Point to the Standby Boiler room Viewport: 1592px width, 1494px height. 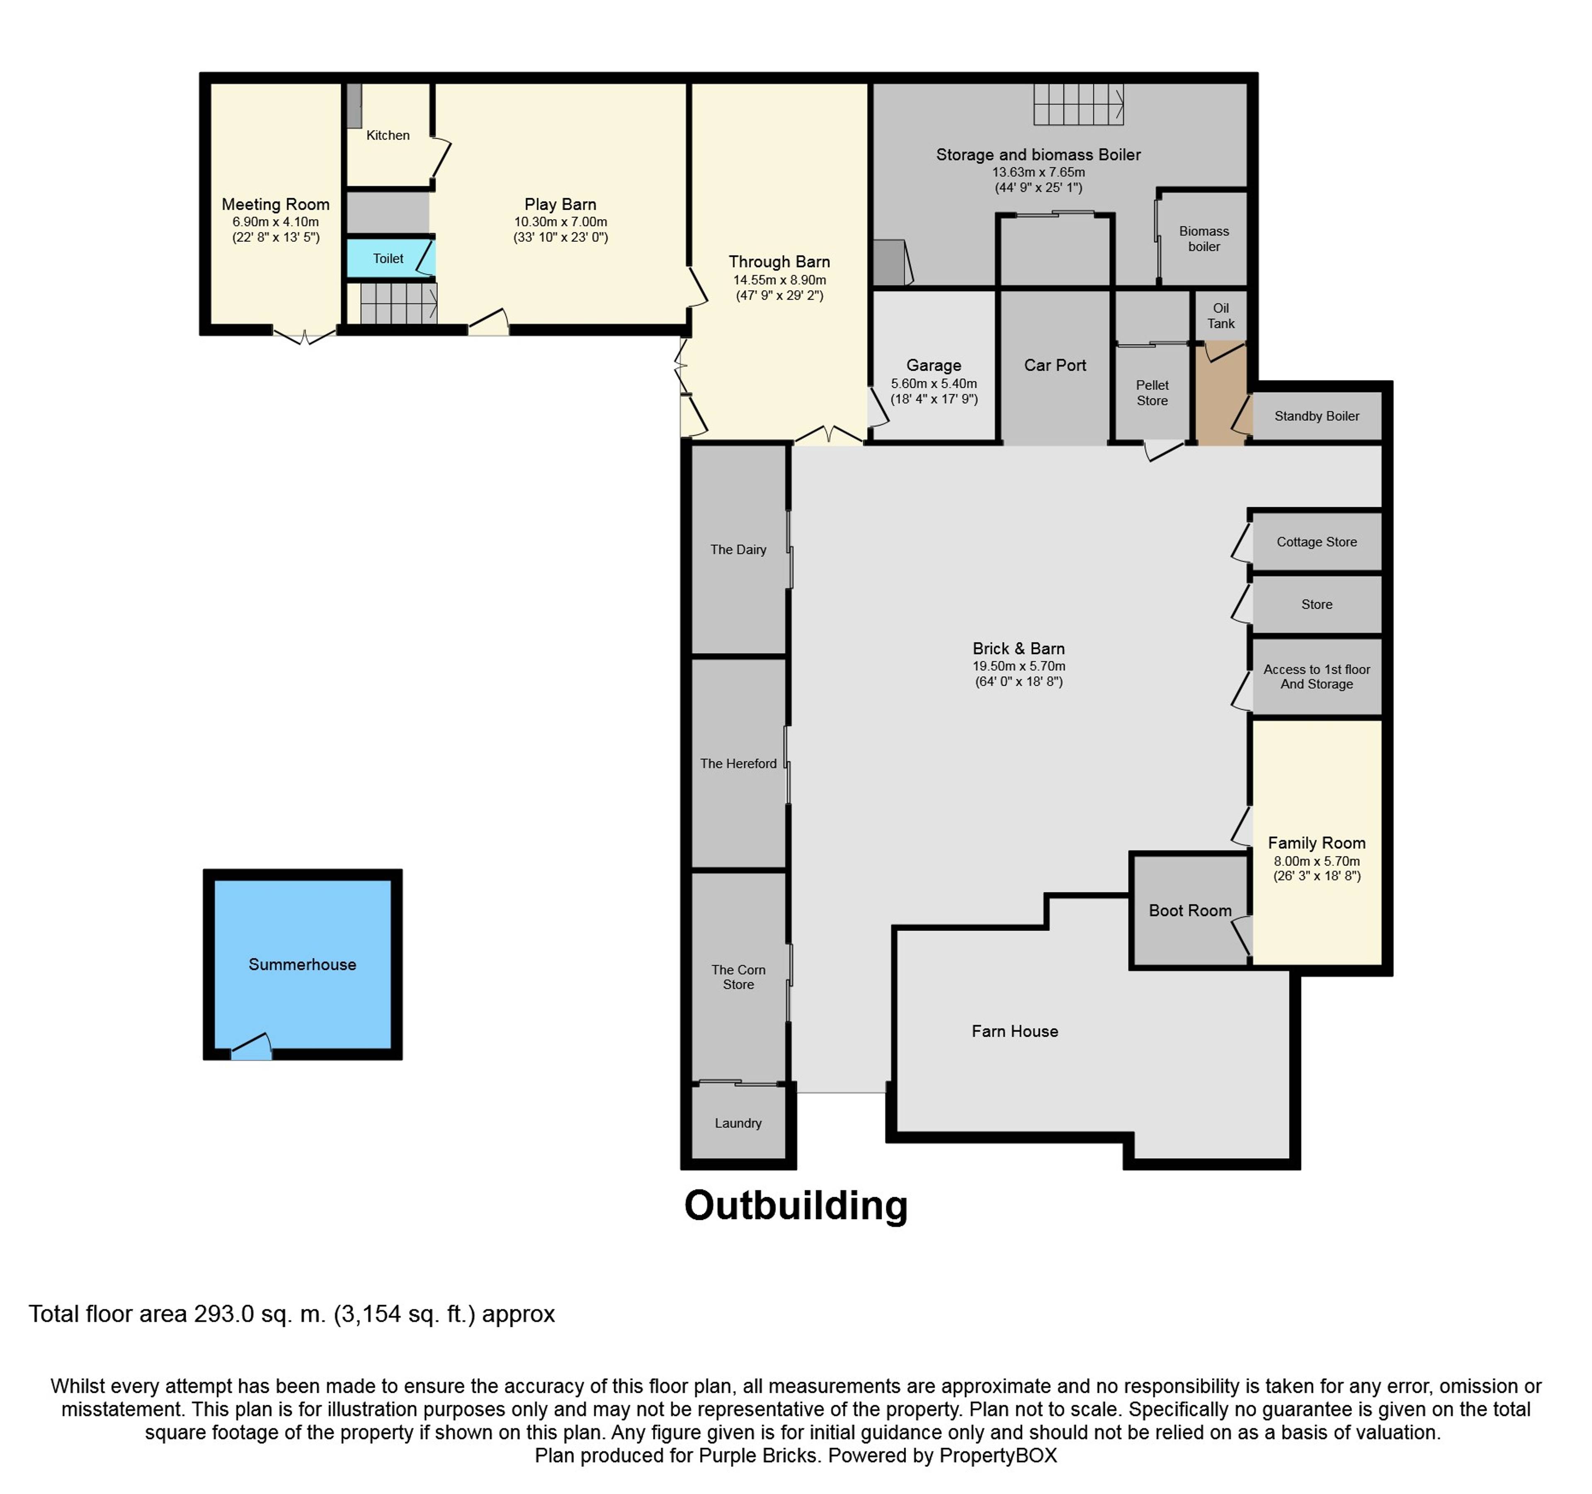pyautogui.click(x=1317, y=416)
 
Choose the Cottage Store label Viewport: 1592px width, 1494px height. pyautogui.click(x=1317, y=542)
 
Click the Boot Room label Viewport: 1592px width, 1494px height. pyautogui.click(x=1190, y=911)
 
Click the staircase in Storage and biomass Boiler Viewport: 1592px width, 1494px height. pyautogui.click(x=1078, y=104)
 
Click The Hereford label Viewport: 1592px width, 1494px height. pyautogui.click(x=738, y=763)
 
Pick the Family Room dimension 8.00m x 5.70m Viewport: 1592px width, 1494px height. pyautogui.click(x=1317, y=861)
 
